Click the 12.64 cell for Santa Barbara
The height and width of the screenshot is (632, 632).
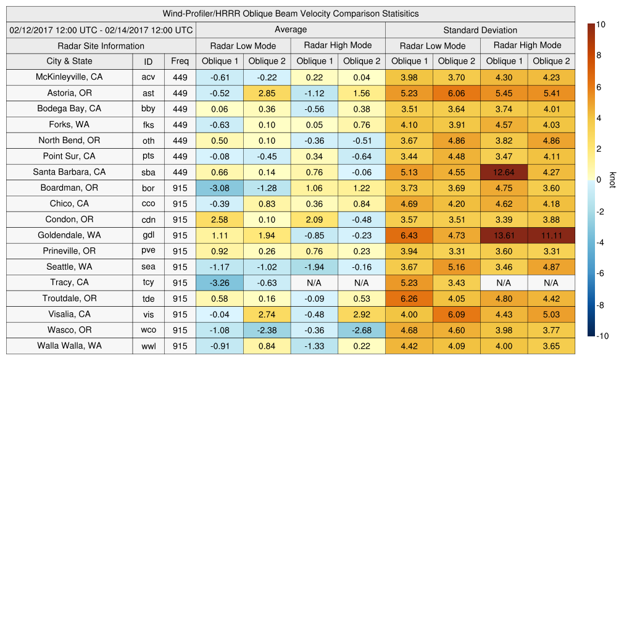(x=504, y=172)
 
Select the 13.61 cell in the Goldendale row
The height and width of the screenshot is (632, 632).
(x=504, y=235)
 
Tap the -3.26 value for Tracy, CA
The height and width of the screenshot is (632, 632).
(x=219, y=283)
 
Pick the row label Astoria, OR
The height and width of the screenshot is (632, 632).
(x=69, y=93)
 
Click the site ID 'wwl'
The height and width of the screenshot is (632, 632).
(x=148, y=346)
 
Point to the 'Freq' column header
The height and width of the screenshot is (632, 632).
(x=180, y=61)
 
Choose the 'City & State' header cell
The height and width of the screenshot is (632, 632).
(x=69, y=61)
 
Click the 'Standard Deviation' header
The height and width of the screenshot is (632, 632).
(x=480, y=30)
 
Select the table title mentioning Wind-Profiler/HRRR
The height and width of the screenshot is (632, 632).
(x=291, y=14)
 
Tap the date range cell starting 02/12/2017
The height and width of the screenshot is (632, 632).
(x=101, y=30)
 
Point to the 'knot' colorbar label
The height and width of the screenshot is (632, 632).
(x=612, y=180)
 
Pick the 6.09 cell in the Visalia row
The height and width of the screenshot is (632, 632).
(x=456, y=314)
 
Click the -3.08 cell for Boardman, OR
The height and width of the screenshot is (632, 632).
(x=219, y=188)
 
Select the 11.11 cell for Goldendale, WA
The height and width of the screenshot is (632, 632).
(x=551, y=235)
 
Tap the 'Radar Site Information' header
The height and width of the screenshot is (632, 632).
(x=101, y=46)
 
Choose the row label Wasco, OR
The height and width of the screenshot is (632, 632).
(x=69, y=330)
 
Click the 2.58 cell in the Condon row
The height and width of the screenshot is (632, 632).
(x=219, y=219)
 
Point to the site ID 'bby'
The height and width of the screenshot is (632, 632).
(x=148, y=109)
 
